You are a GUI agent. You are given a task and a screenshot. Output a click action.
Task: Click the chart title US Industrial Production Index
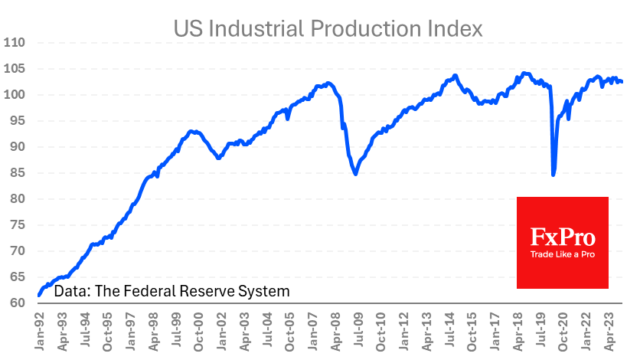328,28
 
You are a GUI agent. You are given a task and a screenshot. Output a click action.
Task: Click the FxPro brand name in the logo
563,236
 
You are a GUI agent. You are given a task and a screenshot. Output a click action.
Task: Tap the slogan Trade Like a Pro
563,254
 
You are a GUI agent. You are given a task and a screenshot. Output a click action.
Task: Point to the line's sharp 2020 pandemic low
553,175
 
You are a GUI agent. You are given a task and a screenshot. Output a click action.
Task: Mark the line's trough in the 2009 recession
356,174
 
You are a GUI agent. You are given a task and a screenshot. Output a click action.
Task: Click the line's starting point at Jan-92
38,295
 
